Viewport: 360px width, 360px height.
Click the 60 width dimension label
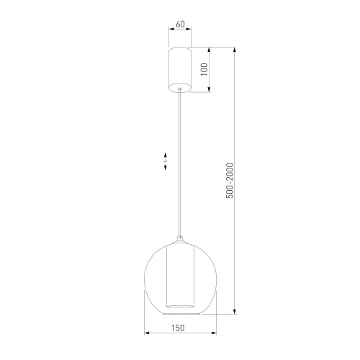(x=180, y=24)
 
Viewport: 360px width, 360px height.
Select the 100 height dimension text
(x=204, y=70)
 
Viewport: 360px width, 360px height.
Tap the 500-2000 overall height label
(x=230, y=181)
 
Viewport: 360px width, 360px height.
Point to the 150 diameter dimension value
(x=179, y=328)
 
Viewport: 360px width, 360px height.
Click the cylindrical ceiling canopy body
(x=179, y=68)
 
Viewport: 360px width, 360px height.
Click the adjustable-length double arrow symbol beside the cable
(x=166, y=161)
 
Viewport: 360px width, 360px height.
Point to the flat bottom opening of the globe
(x=179, y=314)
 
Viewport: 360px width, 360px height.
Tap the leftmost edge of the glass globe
(x=146, y=277)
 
